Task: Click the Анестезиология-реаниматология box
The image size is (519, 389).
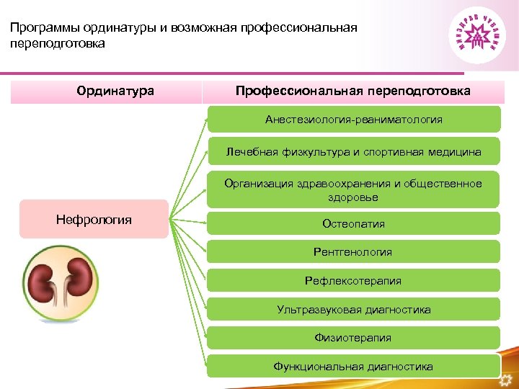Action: (353, 120)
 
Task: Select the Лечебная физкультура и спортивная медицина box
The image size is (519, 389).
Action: (353, 152)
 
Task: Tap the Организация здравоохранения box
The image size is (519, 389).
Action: (353, 190)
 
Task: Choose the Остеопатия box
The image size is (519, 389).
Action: (353, 224)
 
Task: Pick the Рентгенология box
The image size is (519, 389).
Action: (353, 252)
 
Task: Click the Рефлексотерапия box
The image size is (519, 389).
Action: (353, 281)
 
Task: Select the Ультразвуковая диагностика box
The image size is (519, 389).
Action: (353, 310)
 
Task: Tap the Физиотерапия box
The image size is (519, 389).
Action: (353, 338)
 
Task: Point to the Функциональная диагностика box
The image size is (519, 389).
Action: (353, 367)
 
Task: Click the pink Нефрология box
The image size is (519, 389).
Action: (94, 220)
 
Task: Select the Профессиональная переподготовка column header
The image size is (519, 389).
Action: (352, 91)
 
